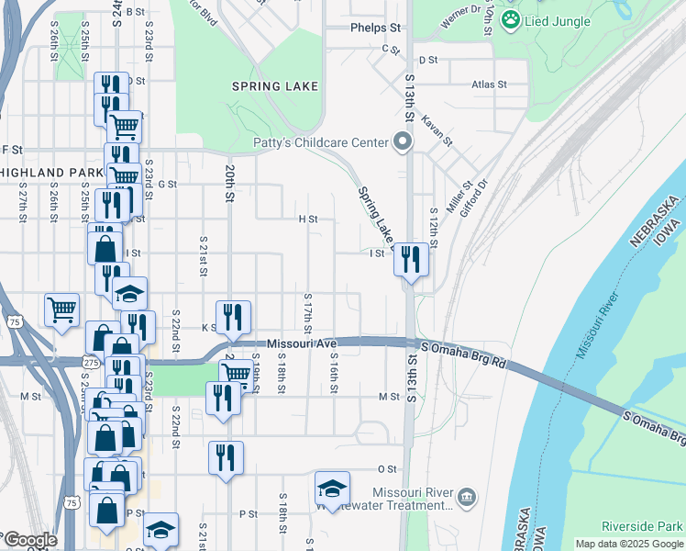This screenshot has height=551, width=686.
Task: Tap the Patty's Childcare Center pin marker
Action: (x=402, y=142)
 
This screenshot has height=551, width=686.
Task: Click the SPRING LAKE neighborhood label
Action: (x=274, y=86)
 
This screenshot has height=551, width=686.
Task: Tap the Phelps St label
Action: (x=376, y=28)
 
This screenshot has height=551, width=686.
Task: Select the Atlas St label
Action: (x=489, y=84)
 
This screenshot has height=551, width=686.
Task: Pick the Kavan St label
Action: (x=437, y=129)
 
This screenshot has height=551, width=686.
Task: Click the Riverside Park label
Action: (x=642, y=526)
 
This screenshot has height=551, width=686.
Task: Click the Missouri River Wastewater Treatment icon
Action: (x=467, y=497)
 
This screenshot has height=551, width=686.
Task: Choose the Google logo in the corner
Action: (x=29, y=540)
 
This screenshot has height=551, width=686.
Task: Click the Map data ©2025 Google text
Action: (x=628, y=544)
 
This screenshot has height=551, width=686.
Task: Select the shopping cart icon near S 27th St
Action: (x=61, y=310)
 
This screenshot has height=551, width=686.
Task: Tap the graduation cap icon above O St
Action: (x=332, y=487)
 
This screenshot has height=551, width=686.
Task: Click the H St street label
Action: (x=307, y=219)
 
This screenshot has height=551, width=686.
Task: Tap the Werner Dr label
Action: (x=461, y=16)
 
